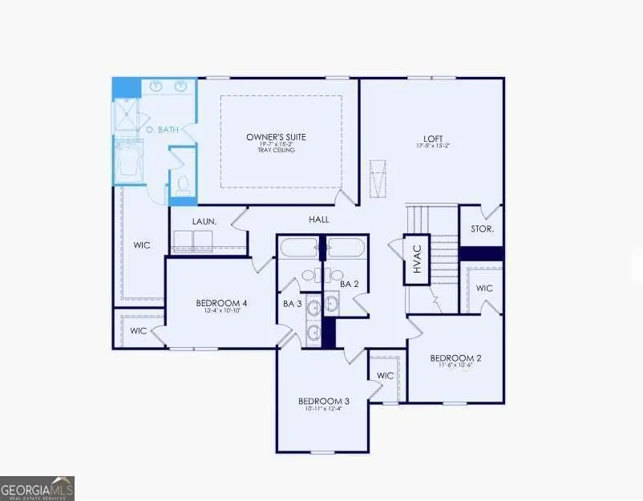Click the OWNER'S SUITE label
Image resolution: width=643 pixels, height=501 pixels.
[276, 136]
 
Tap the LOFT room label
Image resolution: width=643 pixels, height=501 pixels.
[429, 137]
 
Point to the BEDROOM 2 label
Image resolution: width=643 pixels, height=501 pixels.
[455, 358]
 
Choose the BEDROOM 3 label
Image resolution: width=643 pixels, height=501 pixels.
[324, 401]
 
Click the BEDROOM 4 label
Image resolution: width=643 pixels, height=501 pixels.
[221, 303]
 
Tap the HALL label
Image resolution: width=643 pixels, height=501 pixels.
[319, 219]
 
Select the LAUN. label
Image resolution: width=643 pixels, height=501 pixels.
[202, 222]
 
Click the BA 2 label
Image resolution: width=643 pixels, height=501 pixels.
[348, 284]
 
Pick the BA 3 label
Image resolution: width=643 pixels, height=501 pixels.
[292, 303]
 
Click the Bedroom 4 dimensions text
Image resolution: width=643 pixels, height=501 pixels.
[221, 311]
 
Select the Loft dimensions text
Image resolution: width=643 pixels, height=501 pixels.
[431, 146]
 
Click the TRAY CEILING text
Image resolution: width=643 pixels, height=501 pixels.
[276, 150]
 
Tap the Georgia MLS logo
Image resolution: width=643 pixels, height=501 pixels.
[37, 487]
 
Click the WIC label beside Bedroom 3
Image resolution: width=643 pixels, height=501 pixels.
[385, 375]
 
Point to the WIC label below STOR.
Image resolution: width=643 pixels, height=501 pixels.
[484, 288]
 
